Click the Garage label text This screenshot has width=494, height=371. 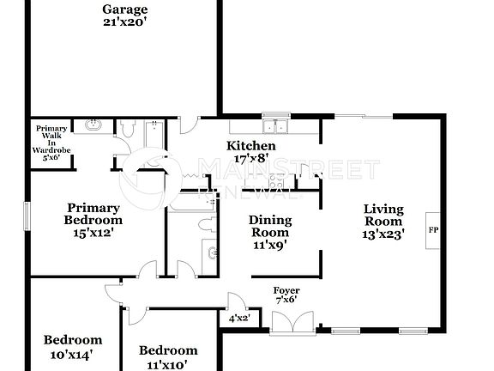125,16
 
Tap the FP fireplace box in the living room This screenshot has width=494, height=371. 434,230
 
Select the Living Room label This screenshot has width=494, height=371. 383,220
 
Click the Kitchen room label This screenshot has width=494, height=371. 250,152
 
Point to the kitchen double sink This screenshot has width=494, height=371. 275,128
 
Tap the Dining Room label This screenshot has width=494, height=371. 269,232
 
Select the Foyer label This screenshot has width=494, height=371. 286,295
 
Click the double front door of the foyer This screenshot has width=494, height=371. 286,324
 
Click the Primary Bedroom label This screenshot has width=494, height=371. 93,219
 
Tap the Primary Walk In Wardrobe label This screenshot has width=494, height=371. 51,143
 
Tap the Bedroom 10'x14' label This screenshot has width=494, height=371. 73,346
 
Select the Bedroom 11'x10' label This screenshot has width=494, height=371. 168,356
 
